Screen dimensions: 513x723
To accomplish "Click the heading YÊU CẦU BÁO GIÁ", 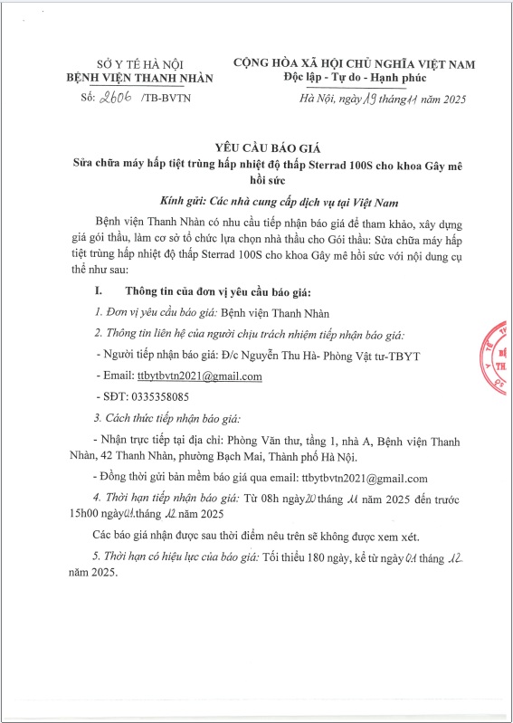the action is click(255, 147).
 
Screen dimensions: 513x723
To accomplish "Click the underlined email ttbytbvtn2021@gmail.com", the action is click(205, 376).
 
